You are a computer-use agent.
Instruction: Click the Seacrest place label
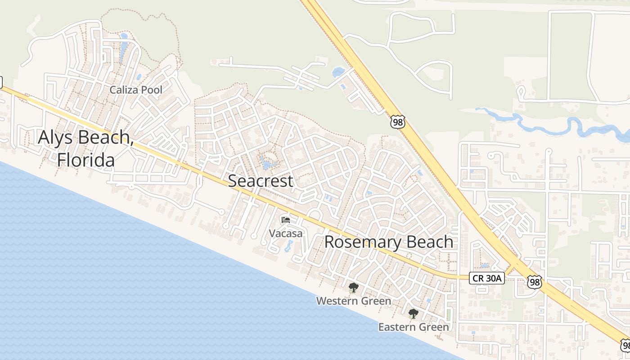(x=261, y=181)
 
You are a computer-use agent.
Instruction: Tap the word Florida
(x=85, y=160)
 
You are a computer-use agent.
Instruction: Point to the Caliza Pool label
(x=136, y=90)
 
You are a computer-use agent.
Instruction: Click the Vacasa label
(x=286, y=233)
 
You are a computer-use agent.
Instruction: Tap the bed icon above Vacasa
(x=285, y=220)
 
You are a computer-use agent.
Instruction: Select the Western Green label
(x=354, y=301)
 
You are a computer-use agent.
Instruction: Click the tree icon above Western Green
(x=354, y=288)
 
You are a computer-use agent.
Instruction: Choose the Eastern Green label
(x=414, y=327)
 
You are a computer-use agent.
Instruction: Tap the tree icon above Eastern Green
(x=413, y=314)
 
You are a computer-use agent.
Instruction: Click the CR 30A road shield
(x=487, y=278)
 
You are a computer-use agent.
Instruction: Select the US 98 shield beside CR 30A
(x=534, y=282)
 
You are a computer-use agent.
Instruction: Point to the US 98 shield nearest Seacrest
(x=398, y=121)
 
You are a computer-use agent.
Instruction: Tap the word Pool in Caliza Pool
(x=152, y=90)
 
